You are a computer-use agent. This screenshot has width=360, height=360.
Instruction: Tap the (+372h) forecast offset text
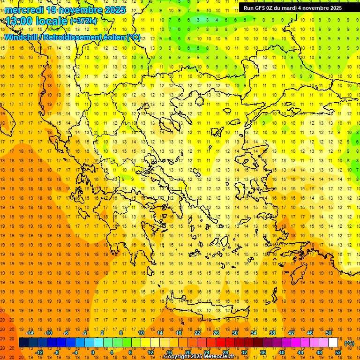(x=83, y=21)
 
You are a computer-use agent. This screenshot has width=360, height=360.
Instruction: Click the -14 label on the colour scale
(x=30, y=333)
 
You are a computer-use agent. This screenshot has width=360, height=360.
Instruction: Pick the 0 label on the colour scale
(x=92, y=352)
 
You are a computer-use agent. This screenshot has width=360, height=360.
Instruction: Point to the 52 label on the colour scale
(x=337, y=352)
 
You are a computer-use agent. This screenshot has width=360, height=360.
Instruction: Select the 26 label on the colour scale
(x=216, y=333)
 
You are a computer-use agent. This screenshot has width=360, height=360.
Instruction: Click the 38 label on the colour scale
(x=272, y=333)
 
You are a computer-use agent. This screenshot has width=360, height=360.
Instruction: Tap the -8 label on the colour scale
(x=57, y=352)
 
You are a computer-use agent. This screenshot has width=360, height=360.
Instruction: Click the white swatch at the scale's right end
(x=333, y=343)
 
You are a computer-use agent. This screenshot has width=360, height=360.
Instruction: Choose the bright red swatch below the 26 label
(x=221, y=343)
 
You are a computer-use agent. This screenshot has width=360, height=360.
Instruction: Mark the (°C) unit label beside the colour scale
(x=349, y=343)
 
